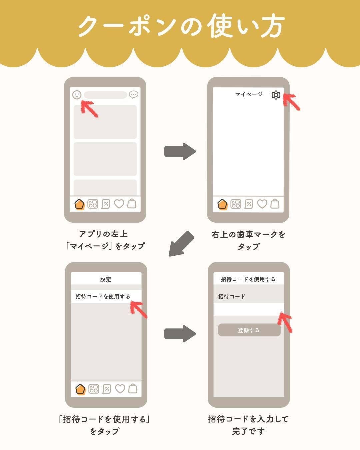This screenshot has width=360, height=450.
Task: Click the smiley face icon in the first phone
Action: coord(77,95)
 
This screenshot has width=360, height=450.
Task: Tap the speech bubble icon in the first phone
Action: coord(133,95)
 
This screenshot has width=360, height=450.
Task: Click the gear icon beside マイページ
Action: coord(276,95)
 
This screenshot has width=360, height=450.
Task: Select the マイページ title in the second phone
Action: coord(249,94)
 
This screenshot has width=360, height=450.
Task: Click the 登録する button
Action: coord(249,330)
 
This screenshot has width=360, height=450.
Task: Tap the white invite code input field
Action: coord(249,309)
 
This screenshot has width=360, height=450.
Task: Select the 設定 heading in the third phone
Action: coord(106,279)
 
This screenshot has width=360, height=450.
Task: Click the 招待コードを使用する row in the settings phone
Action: coord(106,296)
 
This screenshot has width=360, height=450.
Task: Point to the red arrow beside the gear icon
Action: coord(291,102)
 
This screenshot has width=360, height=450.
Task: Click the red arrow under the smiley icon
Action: coord(89,109)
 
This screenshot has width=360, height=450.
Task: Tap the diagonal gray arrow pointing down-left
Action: coord(181,244)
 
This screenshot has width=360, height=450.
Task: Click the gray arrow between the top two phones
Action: coord(180,151)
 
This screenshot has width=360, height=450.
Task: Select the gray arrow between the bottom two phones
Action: coord(180,334)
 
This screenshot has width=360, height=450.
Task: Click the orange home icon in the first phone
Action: coord(79,204)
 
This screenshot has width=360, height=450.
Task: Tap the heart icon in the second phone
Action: coord(262,204)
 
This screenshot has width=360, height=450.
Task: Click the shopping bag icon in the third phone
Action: coord(133,389)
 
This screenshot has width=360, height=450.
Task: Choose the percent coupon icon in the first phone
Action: coord(106,204)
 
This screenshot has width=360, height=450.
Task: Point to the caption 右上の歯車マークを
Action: coord(249,234)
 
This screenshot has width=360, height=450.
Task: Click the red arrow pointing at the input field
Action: coord(285,322)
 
